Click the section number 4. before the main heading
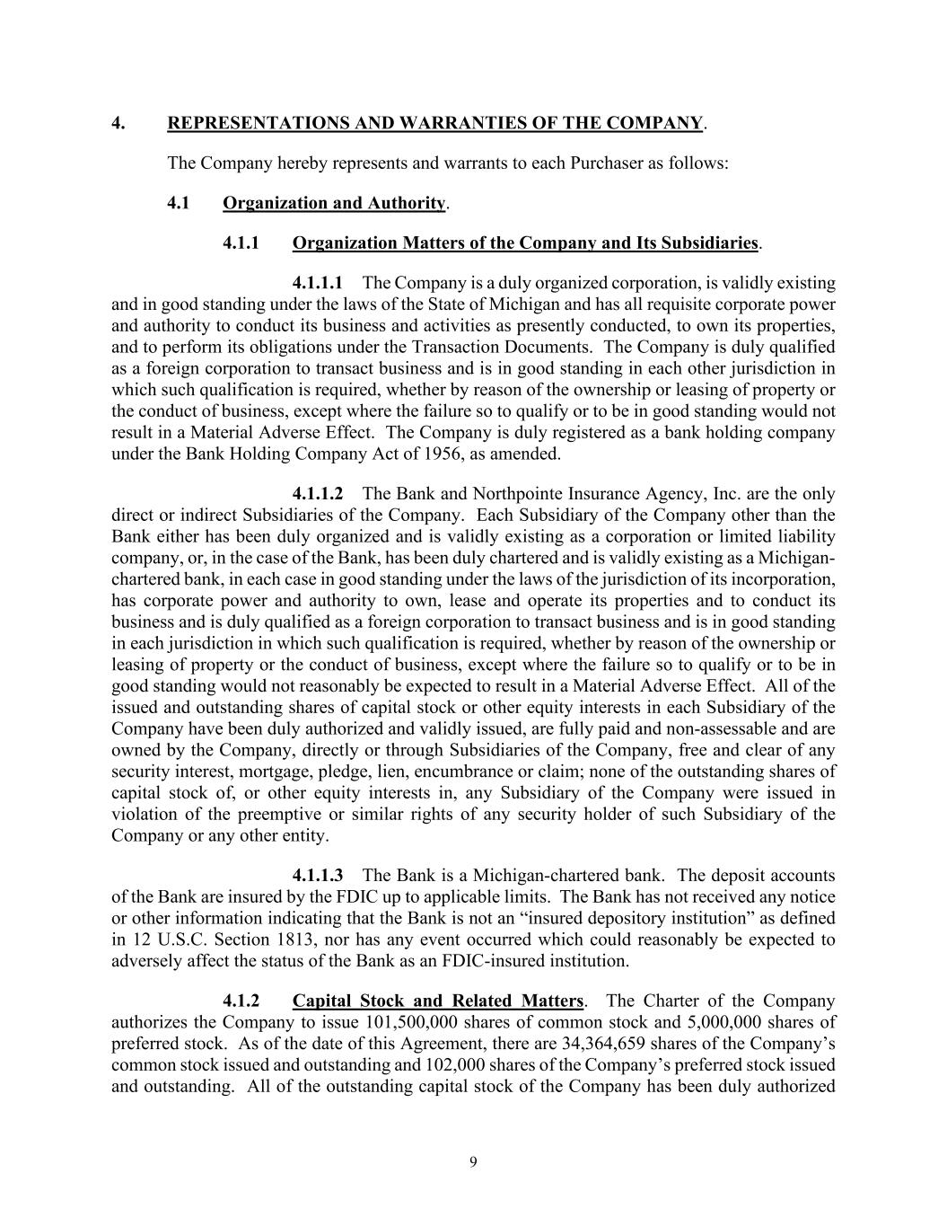pyautogui.click(x=118, y=123)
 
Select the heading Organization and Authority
pyautogui.click(x=334, y=203)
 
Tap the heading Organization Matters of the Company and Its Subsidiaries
pyautogui.click(x=525, y=243)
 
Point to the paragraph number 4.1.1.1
pyautogui.click(x=318, y=284)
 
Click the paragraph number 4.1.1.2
pyautogui.click(x=318, y=494)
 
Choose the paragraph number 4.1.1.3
pyautogui.click(x=318, y=876)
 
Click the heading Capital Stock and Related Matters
pyautogui.click(x=438, y=1001)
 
